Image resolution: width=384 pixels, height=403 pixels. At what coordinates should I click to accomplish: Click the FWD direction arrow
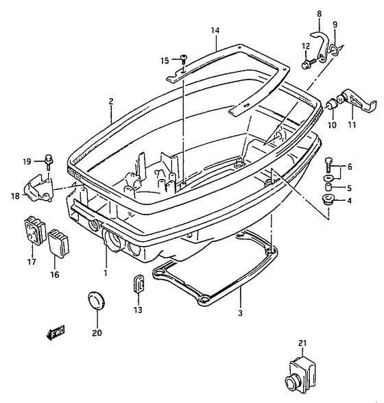(55, 333)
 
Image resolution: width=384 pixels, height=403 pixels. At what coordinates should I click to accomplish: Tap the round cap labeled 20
(97, 301)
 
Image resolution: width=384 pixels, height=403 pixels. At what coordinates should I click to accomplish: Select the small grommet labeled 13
(139, 284)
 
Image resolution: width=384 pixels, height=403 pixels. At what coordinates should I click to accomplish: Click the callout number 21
(302, 343)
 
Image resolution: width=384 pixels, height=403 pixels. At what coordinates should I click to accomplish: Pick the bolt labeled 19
(49, 162)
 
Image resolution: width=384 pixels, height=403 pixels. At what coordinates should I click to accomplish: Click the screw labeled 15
(184, 60)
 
